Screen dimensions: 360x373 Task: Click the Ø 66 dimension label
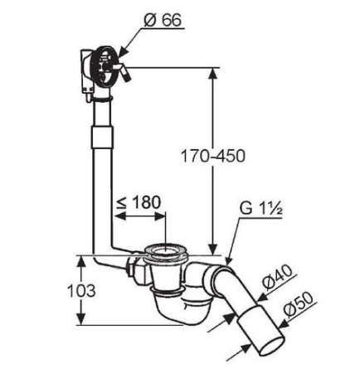[163, 20]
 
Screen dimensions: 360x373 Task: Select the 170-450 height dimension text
[213, 156]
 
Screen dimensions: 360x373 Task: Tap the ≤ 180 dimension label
[139, 202]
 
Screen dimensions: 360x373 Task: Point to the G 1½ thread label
[260, 208]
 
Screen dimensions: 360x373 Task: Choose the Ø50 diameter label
[299, 305]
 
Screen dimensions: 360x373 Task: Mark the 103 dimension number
[81, 291]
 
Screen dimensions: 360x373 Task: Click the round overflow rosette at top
[105, 65]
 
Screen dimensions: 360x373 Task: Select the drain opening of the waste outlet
[166, 251]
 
